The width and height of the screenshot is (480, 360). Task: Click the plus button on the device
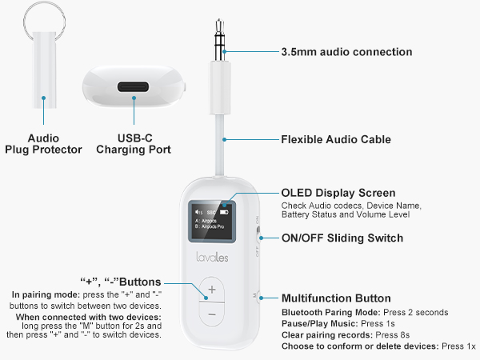coord(211,289)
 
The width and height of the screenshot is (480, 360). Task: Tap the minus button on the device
coord(211,314)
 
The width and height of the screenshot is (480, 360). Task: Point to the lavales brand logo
coord(211,258)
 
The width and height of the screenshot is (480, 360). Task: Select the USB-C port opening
coord(134,86)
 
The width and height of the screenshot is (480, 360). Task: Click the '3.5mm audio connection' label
coord(346,52)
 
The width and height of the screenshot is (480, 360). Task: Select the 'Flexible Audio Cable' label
coord(335,139)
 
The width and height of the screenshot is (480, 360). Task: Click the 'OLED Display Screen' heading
coord(338,193)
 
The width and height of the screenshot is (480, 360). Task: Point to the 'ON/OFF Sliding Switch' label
coord(342,238)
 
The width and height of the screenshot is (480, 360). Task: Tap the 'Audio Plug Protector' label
coord(43,143)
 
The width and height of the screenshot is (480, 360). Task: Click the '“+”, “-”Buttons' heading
coord(121,282)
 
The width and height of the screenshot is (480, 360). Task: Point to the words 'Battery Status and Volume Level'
coord(346,214)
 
